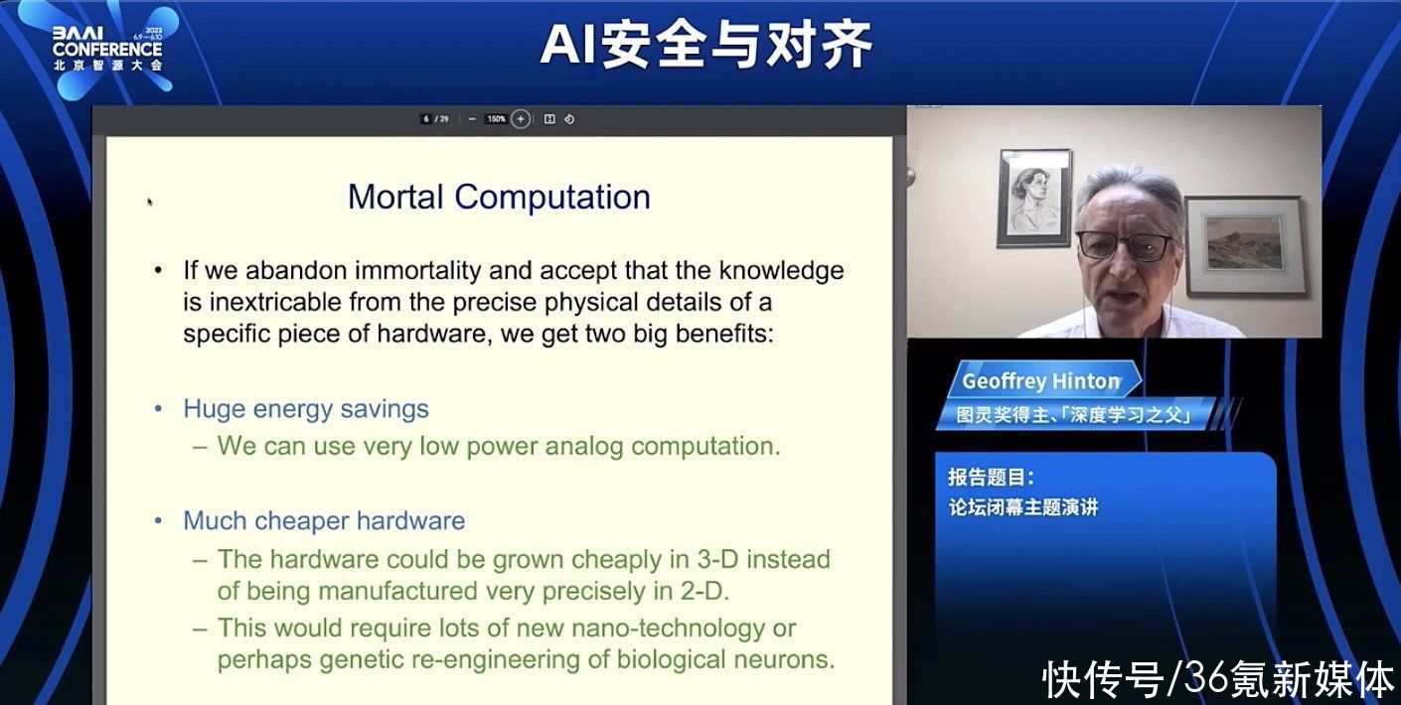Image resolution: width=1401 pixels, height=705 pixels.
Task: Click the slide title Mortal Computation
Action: coord(499,198)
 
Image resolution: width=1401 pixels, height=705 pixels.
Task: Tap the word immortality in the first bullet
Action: coord(418,271)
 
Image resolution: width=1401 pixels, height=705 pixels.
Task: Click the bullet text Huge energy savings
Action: coord(306,409)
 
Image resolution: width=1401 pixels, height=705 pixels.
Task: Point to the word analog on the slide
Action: coord(583,447)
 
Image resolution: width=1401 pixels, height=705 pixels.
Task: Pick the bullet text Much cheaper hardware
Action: coord(324,521)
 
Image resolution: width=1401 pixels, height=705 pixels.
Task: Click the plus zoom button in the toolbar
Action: coord(521,119)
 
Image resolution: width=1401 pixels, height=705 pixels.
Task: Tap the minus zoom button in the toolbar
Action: coord(472,119)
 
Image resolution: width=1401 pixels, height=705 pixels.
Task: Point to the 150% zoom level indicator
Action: coord(496,119)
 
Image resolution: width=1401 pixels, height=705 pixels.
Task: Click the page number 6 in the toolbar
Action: coord(426,119)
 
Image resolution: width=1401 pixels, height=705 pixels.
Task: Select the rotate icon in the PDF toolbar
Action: coord(569,119)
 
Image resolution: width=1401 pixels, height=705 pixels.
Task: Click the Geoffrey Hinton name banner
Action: coord(1042,381)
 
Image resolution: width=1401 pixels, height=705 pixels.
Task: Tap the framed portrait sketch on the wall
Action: coord(1035,199)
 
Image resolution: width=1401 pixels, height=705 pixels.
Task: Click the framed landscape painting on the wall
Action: coord(1245,245)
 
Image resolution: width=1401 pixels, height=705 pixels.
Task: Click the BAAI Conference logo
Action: coord(107,49)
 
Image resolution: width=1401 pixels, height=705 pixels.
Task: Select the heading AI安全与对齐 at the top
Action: coord(705,44)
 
